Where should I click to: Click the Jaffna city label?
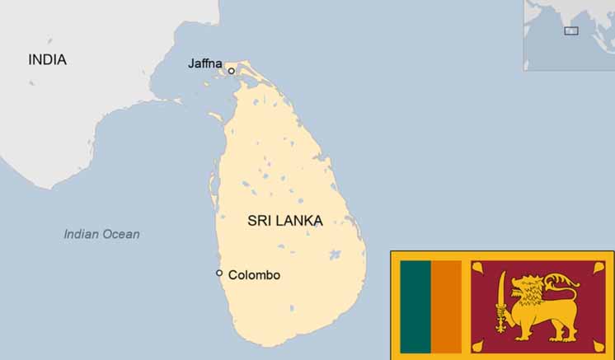coord(206,63)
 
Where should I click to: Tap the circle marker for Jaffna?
coord(232,71)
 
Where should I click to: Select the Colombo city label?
coord(254,275)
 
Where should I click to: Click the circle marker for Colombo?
coord(219,273)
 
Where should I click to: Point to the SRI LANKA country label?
coord(284,221)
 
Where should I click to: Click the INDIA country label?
coord(47,60)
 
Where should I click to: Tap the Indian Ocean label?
coord(101,235)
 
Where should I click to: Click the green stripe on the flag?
coord(415,306)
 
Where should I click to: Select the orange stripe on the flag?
coord(446,306)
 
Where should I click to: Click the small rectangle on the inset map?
coord(570,30)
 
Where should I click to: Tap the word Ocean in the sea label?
coord(121,235)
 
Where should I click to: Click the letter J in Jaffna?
coord(191,63)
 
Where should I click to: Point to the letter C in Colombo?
coord(232,275)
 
